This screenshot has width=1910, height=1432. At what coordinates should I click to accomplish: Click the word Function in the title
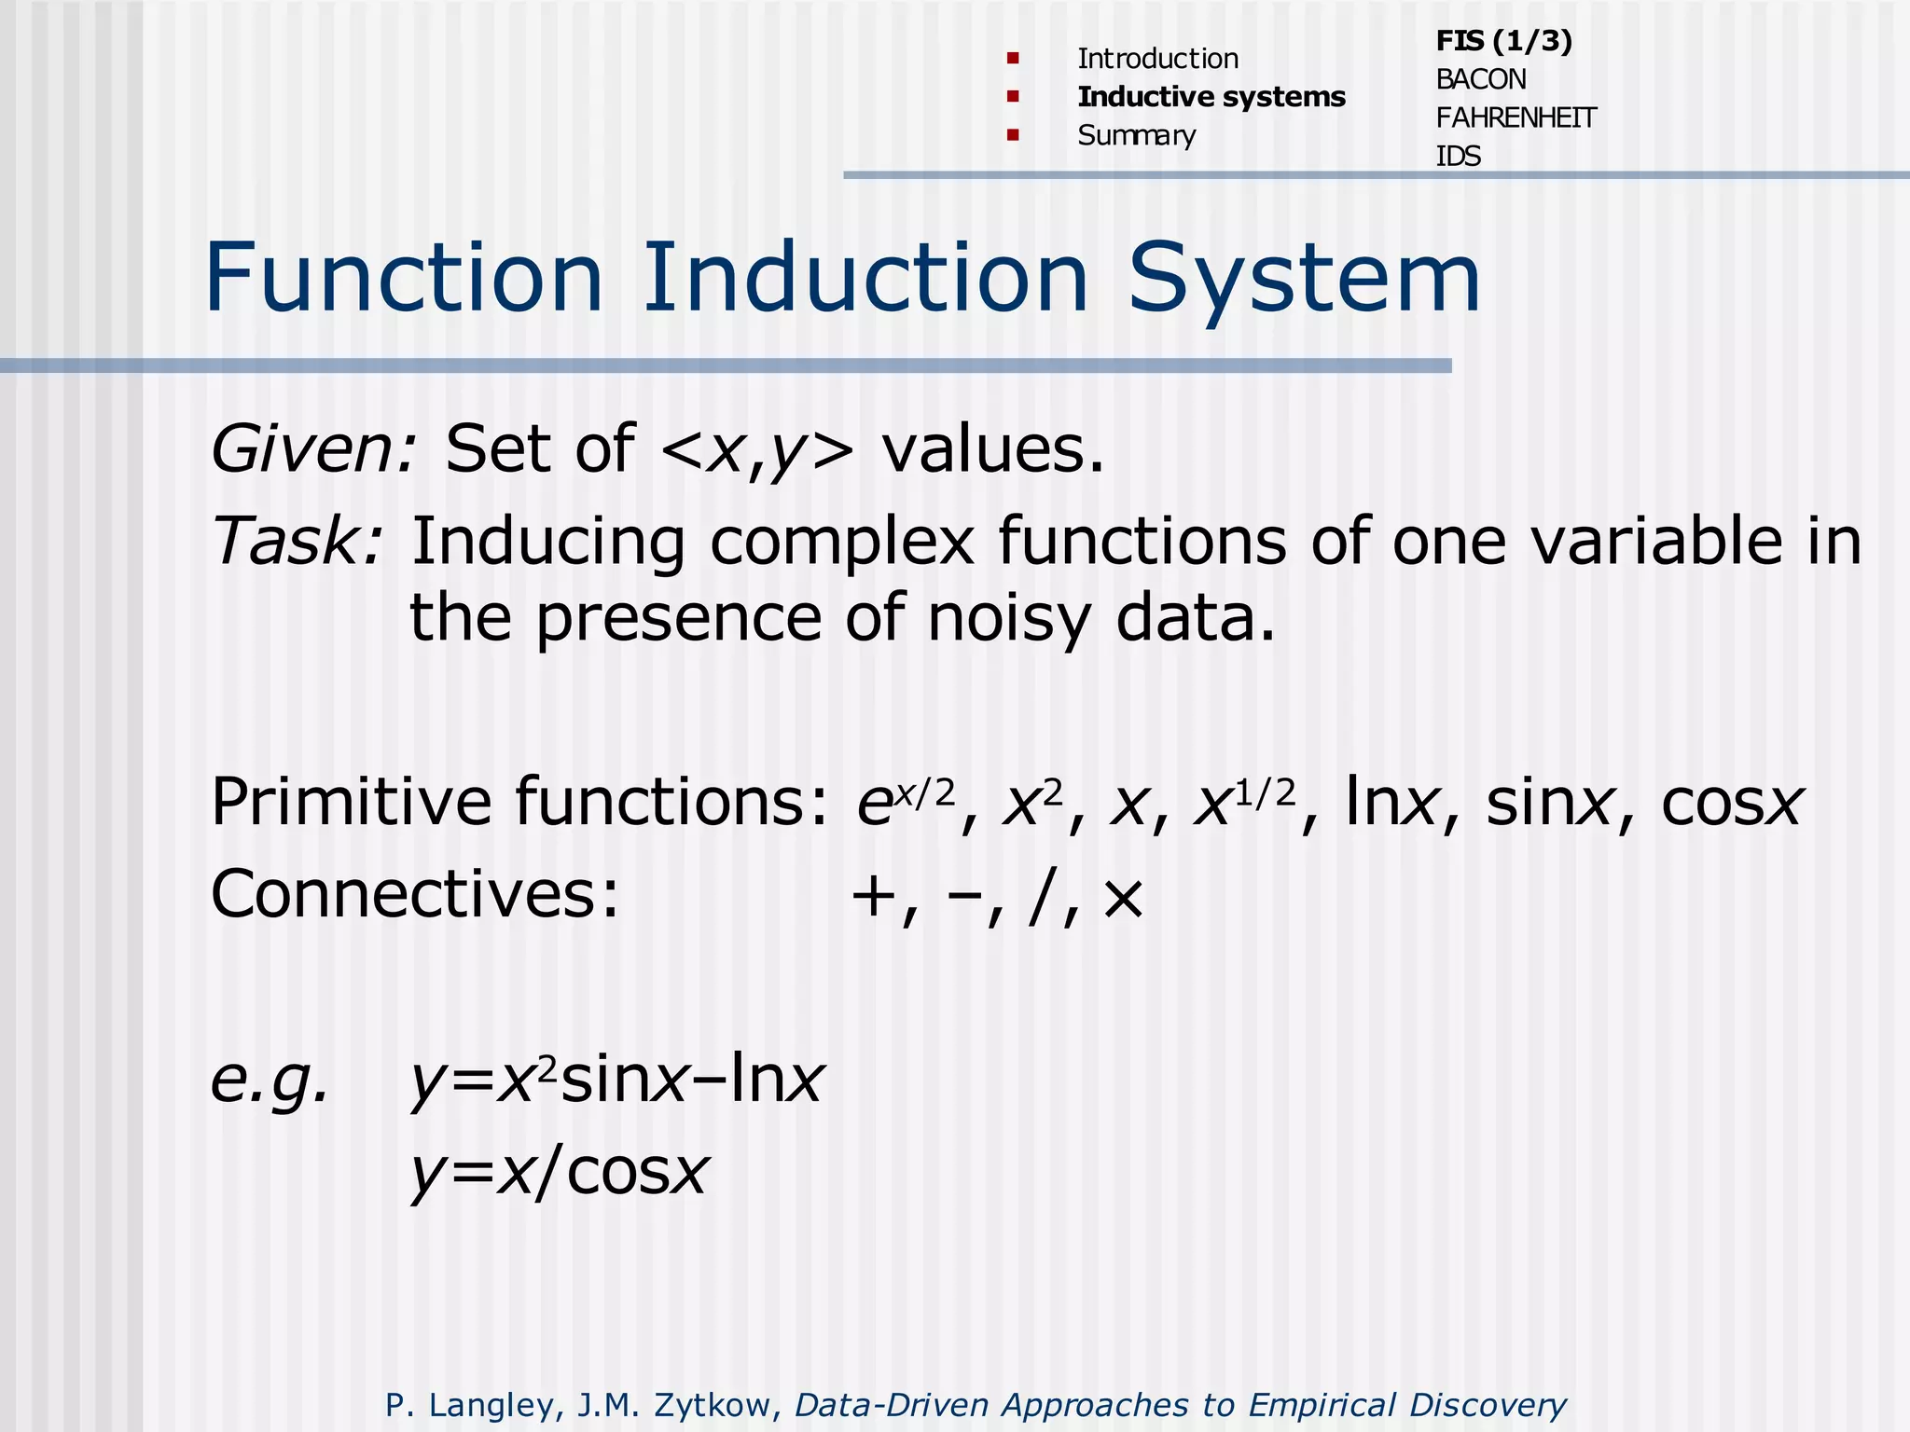404,278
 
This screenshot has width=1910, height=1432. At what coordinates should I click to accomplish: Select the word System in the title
1304,278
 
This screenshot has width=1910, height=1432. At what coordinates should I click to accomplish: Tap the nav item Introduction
1157,59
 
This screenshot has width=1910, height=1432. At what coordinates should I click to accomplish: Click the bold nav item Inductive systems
1211,97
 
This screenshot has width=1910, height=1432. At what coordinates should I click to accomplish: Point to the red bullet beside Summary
1013,135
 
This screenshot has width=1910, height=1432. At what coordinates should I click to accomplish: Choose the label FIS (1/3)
1503,41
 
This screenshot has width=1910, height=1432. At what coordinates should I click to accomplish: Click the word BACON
1480,80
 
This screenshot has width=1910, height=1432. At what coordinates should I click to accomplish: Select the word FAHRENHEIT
1516,118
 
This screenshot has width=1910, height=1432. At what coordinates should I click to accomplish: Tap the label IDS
1458,157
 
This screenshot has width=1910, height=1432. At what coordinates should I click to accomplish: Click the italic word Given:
313,449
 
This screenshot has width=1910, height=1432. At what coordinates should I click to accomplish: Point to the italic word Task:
297,541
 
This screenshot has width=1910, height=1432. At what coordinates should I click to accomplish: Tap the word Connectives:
415,893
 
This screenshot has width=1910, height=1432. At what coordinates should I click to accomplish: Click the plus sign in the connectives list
874,898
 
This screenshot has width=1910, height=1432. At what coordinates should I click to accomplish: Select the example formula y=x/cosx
560,1172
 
